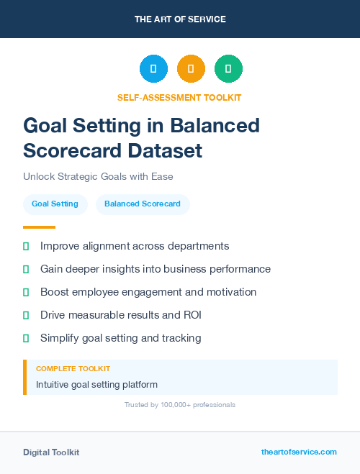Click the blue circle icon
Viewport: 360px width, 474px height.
(x=153, y=69)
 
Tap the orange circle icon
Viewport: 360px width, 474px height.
(x=191, y=69)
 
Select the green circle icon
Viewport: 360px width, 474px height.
(x=228, y=69)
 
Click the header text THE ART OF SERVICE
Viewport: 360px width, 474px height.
(x=180, y=19)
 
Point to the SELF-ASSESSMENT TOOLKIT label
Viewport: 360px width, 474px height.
(x=179, y=97)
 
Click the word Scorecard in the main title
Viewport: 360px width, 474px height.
(x=70, y=150)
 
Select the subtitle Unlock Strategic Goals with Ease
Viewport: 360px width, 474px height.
(x=98, y=176)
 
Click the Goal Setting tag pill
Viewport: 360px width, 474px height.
(x=55, y=204)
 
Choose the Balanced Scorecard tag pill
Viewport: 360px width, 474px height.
(x=143, y=204)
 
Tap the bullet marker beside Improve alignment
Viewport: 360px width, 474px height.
(x=26, y=247)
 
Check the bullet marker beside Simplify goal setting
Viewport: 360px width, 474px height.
(x=26, y=338)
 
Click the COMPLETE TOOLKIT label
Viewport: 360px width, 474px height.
(x=73, y=369)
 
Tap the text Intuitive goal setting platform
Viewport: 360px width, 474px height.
(x=96, y=385)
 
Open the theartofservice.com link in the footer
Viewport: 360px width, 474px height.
(x=299, y=452)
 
